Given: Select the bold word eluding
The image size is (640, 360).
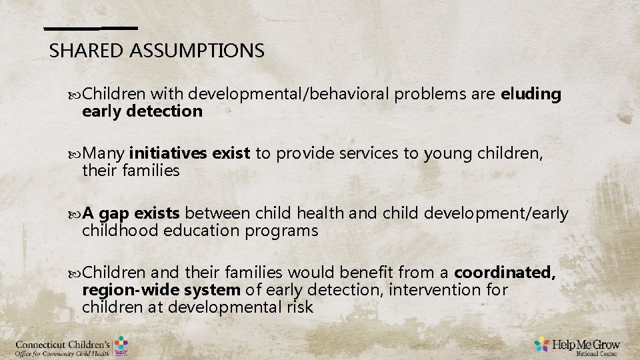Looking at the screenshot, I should (x=531, y=94).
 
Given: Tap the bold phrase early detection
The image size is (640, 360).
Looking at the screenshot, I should (x=142, y=111).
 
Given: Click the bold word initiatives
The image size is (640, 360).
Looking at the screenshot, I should (x=169, y=154).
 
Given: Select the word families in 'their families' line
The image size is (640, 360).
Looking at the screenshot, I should (x=149, y=171).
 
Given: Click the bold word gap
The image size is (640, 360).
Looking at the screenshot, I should (x=114, y=213).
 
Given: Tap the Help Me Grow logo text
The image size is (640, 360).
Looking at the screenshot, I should (x=585, y=344).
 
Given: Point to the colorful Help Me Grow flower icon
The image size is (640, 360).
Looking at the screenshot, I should (x=542, y=345).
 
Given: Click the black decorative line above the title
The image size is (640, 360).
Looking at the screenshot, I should (x=91, y=28).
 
